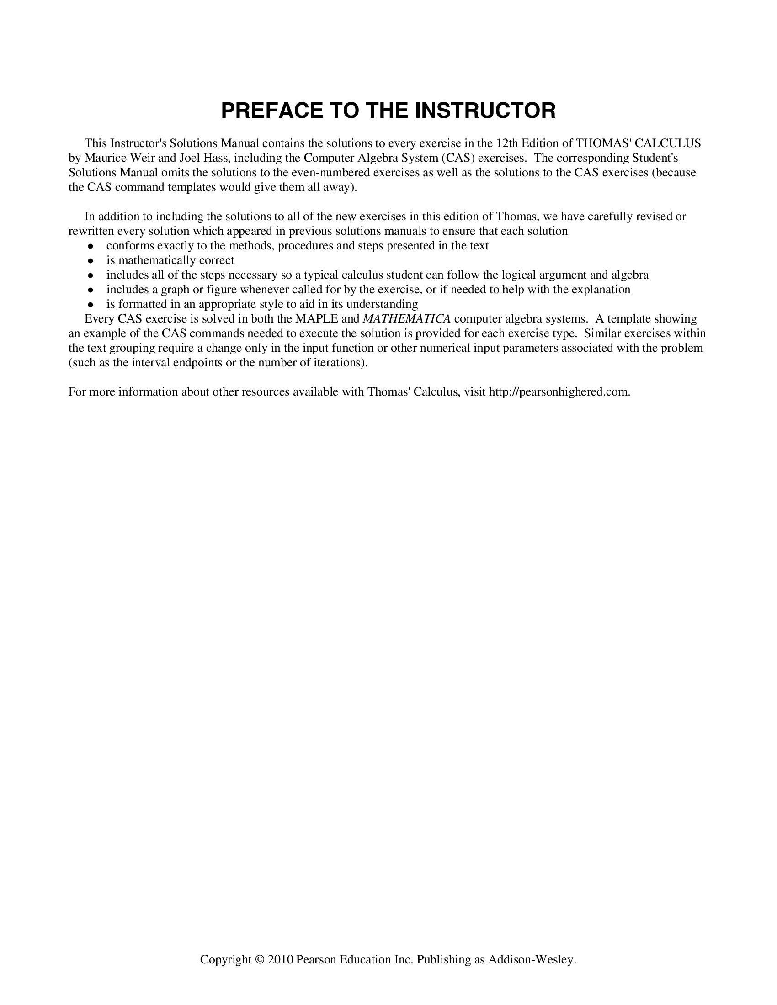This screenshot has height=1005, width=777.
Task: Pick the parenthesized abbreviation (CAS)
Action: [x=458, y=158]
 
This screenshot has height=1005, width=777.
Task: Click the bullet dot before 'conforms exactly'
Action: [x=91, y=246]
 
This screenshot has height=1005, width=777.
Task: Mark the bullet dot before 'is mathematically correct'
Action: [x=91, y=261]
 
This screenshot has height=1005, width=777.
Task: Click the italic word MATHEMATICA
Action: [x=406, y=319]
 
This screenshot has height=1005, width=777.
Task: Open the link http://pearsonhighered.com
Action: [x=559, y=392]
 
